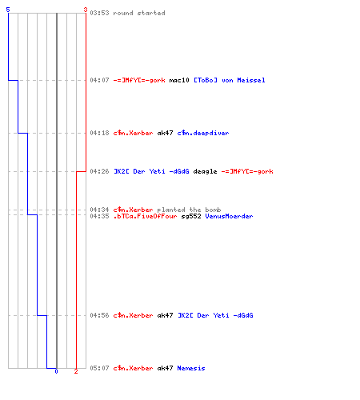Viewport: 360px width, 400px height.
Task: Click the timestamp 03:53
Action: (x=99, y=13)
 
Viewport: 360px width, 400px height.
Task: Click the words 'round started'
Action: (x=139, y=13)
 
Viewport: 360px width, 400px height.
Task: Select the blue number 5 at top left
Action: (x=8, y=10)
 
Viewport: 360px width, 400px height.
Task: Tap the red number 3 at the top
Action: (x=86, y=10)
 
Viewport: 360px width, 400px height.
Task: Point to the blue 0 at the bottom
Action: (x=56, y=371)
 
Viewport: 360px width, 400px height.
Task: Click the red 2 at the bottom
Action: (x=76, y=371)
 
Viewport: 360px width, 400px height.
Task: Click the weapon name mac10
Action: (x=179, y=80)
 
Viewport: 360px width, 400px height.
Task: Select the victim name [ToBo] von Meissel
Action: (x=230, y=80)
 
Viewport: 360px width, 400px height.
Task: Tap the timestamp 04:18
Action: (x=99, y=133)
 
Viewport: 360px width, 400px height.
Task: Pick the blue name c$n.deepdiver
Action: (x=203, y=133)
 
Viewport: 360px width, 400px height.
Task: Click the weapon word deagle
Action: (x=205, y=171)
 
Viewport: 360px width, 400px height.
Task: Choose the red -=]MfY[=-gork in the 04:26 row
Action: (x=247, y=171)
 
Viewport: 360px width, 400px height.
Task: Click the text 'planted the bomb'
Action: (x=189, y=210)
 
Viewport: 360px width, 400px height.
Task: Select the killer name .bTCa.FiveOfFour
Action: (x=145, y=216)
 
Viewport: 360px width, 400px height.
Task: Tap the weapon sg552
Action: (x=191, y=216)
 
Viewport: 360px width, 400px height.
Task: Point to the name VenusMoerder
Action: (x=229, y=216)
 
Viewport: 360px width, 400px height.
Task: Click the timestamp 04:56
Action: (x=99, y=315)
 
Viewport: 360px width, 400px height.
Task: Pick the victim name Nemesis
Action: (x=191, y=368)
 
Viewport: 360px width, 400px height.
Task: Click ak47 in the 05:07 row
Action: (x=165, y=368)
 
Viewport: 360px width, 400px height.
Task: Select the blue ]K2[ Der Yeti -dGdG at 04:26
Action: (x=151, y=171)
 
